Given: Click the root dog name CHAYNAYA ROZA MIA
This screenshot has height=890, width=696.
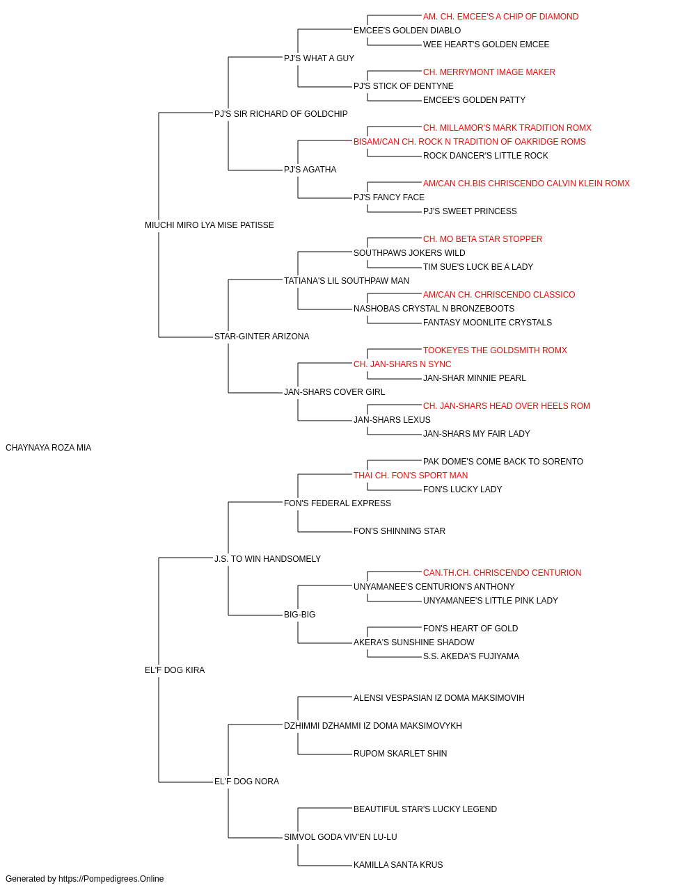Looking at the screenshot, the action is pyautogui.click(x=48, y=448).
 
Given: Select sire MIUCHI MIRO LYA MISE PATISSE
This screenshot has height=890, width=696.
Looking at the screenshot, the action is pyautogui.click(x=209, y=225).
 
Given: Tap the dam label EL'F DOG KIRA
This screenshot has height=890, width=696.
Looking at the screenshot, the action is pyautogui.click(x=175, y=670).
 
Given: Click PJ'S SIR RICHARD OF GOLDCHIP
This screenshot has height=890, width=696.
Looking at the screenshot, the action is pyautogui.click(x=280, y=114).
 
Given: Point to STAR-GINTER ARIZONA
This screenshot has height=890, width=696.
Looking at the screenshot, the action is pyautogui.click(x=262, y=337).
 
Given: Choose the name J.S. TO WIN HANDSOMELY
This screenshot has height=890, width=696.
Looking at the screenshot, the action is pyautogui.click(x=267, y=559).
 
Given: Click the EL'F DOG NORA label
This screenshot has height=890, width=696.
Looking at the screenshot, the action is pyautogui.click(x=246, y=782).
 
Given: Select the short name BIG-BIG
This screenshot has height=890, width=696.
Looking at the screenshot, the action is pyautogui.click(x=300, y=615).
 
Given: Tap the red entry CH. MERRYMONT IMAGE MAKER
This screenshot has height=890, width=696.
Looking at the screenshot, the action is pyautogui.click(x=489, y=72).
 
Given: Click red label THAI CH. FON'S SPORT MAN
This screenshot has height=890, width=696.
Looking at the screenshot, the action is pyautogui.click(x=411, y=476).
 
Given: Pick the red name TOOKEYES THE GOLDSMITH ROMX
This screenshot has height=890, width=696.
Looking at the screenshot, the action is pyautogui.click(x=495, y=350).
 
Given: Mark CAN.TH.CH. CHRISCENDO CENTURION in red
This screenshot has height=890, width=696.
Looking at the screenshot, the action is pyautogui.click(x=502, y=573).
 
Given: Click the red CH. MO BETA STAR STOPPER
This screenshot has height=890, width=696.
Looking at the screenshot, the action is pyautogui.click(x=482, y=239).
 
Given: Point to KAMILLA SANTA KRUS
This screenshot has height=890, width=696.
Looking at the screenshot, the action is pyautogui.click(x=398, y=865).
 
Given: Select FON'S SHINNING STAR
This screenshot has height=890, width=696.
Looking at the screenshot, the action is pyautogui.click(x=400, y=531).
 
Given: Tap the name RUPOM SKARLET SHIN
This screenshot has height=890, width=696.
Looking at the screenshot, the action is pyautogui.click(x=400, y=754).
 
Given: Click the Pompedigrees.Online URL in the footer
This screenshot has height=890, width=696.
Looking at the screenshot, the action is pyautogui.click(x=111, y=879).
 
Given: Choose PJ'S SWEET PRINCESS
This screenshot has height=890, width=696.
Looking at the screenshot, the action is pyautogui.click(x=470, y=211).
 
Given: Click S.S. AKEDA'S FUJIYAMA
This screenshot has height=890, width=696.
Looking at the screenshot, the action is pyautogui.click(x=471, y=656).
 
